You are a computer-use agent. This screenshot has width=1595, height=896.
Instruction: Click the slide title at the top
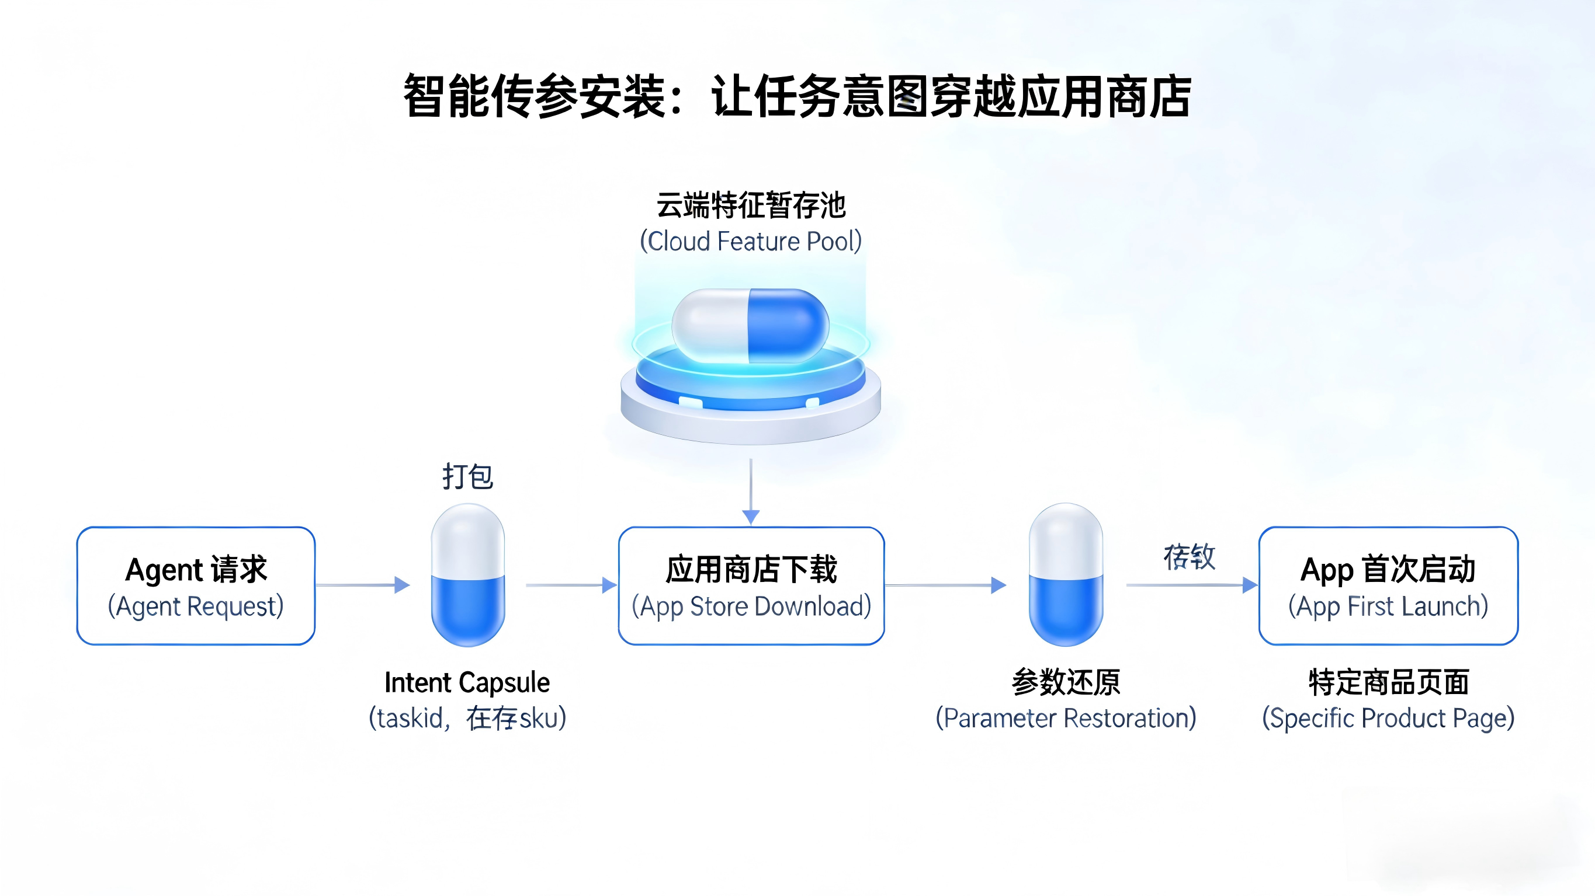797,96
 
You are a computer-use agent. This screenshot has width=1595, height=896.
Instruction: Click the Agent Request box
196,585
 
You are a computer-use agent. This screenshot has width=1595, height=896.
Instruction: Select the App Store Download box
751,585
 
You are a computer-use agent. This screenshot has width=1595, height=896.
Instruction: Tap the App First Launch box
1388,585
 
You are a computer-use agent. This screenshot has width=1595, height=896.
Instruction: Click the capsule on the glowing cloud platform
750,326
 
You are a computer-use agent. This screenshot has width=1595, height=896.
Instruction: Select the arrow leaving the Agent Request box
362,585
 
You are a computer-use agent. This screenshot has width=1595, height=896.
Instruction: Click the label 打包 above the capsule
468,476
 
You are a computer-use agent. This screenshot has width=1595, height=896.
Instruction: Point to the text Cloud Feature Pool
750,241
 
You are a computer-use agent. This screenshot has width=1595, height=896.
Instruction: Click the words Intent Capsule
467,682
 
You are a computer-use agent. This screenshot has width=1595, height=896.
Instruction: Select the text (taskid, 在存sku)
467,719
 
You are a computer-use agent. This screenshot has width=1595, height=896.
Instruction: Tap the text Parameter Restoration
1066,719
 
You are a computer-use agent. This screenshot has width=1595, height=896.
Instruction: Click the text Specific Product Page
1388,719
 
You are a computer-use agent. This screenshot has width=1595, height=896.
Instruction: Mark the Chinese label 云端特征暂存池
750,205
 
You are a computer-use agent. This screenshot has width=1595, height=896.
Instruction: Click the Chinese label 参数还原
1066,682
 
